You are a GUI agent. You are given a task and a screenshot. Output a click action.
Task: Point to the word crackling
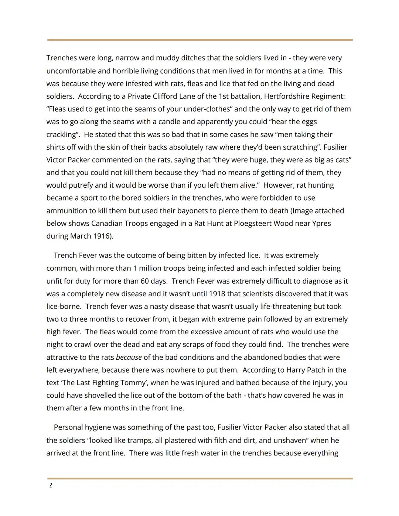(x=62, y=134)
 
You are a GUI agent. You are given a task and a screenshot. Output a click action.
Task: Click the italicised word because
(x=129, y=358)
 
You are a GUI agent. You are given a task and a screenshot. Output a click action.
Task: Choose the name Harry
(x=297, y=370)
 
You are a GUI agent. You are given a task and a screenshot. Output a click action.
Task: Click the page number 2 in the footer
(x=50, y=486)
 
